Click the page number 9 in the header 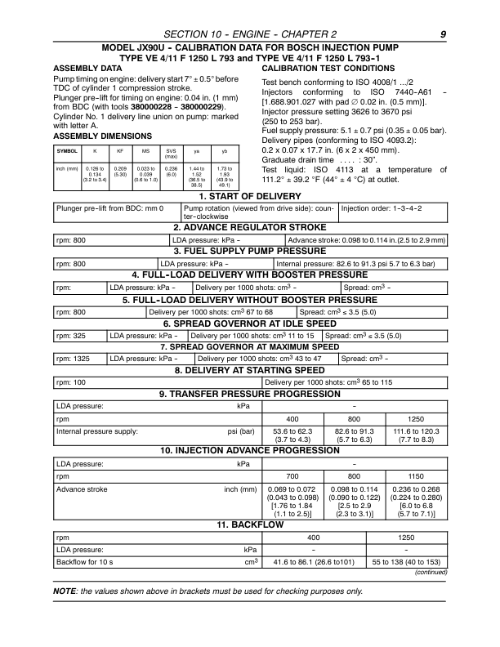442,34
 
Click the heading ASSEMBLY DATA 86,68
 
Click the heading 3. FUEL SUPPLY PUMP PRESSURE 250,253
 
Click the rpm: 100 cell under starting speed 74,382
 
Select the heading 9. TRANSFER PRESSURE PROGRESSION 250,394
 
